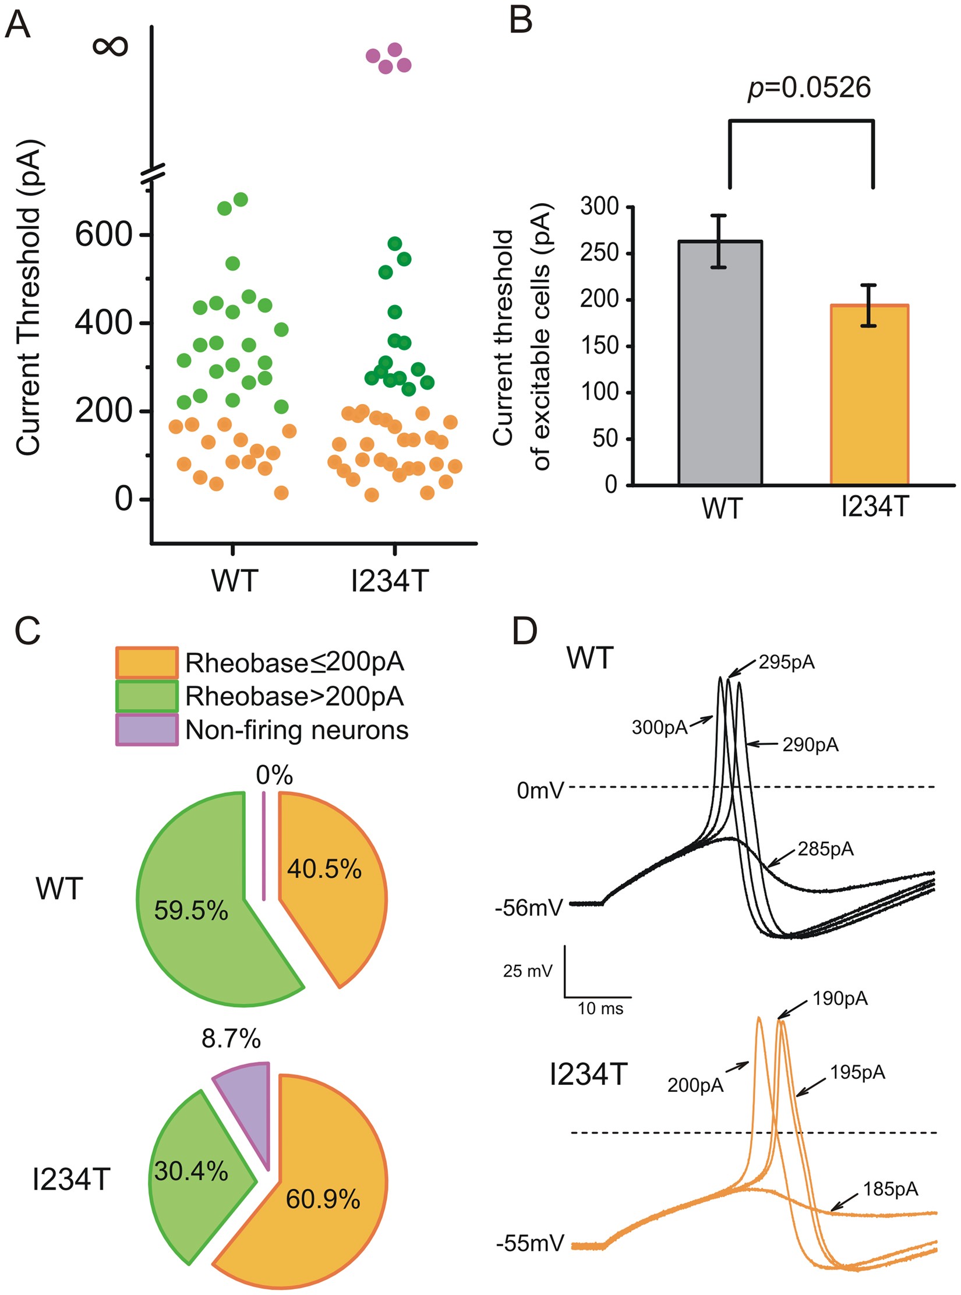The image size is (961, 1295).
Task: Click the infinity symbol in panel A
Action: click(109, 46)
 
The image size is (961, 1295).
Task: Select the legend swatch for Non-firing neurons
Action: click(147, 730)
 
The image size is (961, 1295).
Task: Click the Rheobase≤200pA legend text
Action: click(295, 662)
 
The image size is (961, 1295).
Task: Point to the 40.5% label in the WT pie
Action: click(324, 869)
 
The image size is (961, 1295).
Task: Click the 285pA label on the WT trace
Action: click(825, 850)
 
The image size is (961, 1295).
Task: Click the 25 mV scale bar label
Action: click(527, 971)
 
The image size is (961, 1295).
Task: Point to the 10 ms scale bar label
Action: click(600, 1009)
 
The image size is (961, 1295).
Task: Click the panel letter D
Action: click(524, 631)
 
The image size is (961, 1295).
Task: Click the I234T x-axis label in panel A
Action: click(390, 581)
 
